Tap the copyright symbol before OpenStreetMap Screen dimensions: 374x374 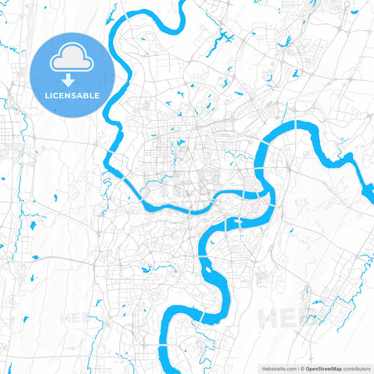301,368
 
